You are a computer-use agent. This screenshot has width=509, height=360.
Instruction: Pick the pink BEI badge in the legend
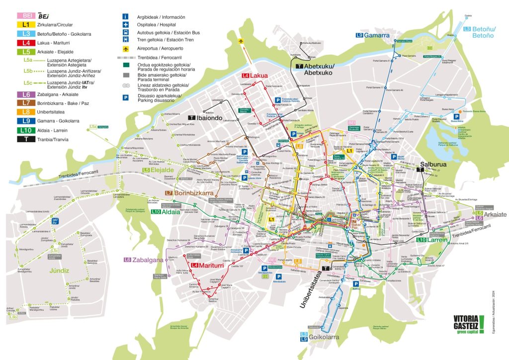click(x=25, y=15)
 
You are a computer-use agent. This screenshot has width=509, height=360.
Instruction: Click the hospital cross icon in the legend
click(x=126, y=24)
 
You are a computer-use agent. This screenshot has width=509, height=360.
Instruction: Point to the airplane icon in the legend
click(x=126, y=49)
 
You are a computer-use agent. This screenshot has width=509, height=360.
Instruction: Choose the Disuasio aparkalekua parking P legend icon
click(x=126, y=97)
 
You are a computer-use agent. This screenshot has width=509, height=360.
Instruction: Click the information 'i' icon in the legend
click(x=126, y=16)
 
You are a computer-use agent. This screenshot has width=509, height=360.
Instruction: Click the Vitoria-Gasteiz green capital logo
click(x=469, y=326)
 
